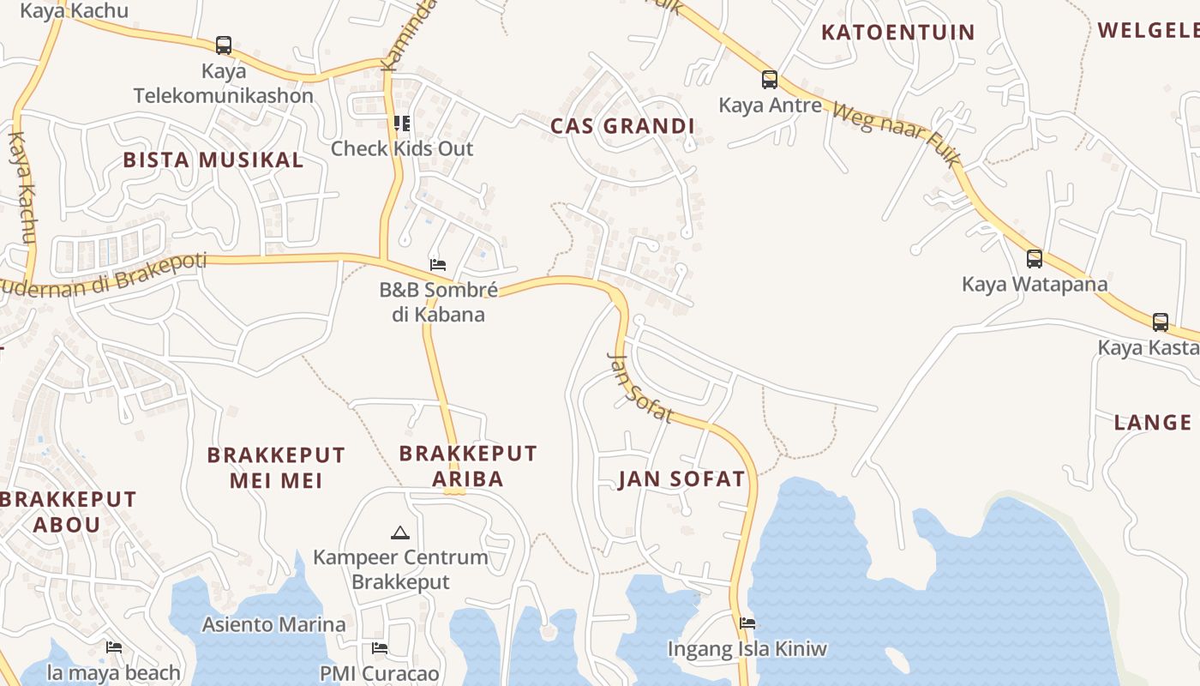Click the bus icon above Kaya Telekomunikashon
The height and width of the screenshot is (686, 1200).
point(224,45)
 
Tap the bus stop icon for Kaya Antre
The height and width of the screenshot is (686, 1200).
point(770,80)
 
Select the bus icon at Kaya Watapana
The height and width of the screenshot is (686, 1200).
point(1035,258)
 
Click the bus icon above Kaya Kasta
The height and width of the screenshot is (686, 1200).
point(1161,322)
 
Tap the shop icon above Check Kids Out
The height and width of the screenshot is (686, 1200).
point(402,123)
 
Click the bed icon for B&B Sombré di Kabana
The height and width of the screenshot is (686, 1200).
point(438,264)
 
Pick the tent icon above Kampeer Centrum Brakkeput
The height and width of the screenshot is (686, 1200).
point(399,533)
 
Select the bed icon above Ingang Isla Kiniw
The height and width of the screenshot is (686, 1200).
point(747,623)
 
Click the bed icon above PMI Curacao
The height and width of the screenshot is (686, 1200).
point(380,647)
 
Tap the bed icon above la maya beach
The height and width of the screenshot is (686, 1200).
point(113,647)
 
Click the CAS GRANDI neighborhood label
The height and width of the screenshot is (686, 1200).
point(622,126)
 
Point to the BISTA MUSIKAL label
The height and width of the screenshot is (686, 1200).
point(213,159)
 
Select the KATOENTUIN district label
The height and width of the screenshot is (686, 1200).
point(898,33)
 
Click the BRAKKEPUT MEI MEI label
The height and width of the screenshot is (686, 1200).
point(276,467)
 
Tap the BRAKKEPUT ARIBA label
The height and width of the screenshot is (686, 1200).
point(468,466)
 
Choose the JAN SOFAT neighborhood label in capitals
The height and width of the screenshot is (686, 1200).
point(681,478)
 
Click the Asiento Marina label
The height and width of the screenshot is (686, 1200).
point(273,624)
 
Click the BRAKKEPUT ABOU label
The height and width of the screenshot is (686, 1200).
point(68,511)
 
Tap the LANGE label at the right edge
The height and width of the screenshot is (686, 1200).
point(1153,422)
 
